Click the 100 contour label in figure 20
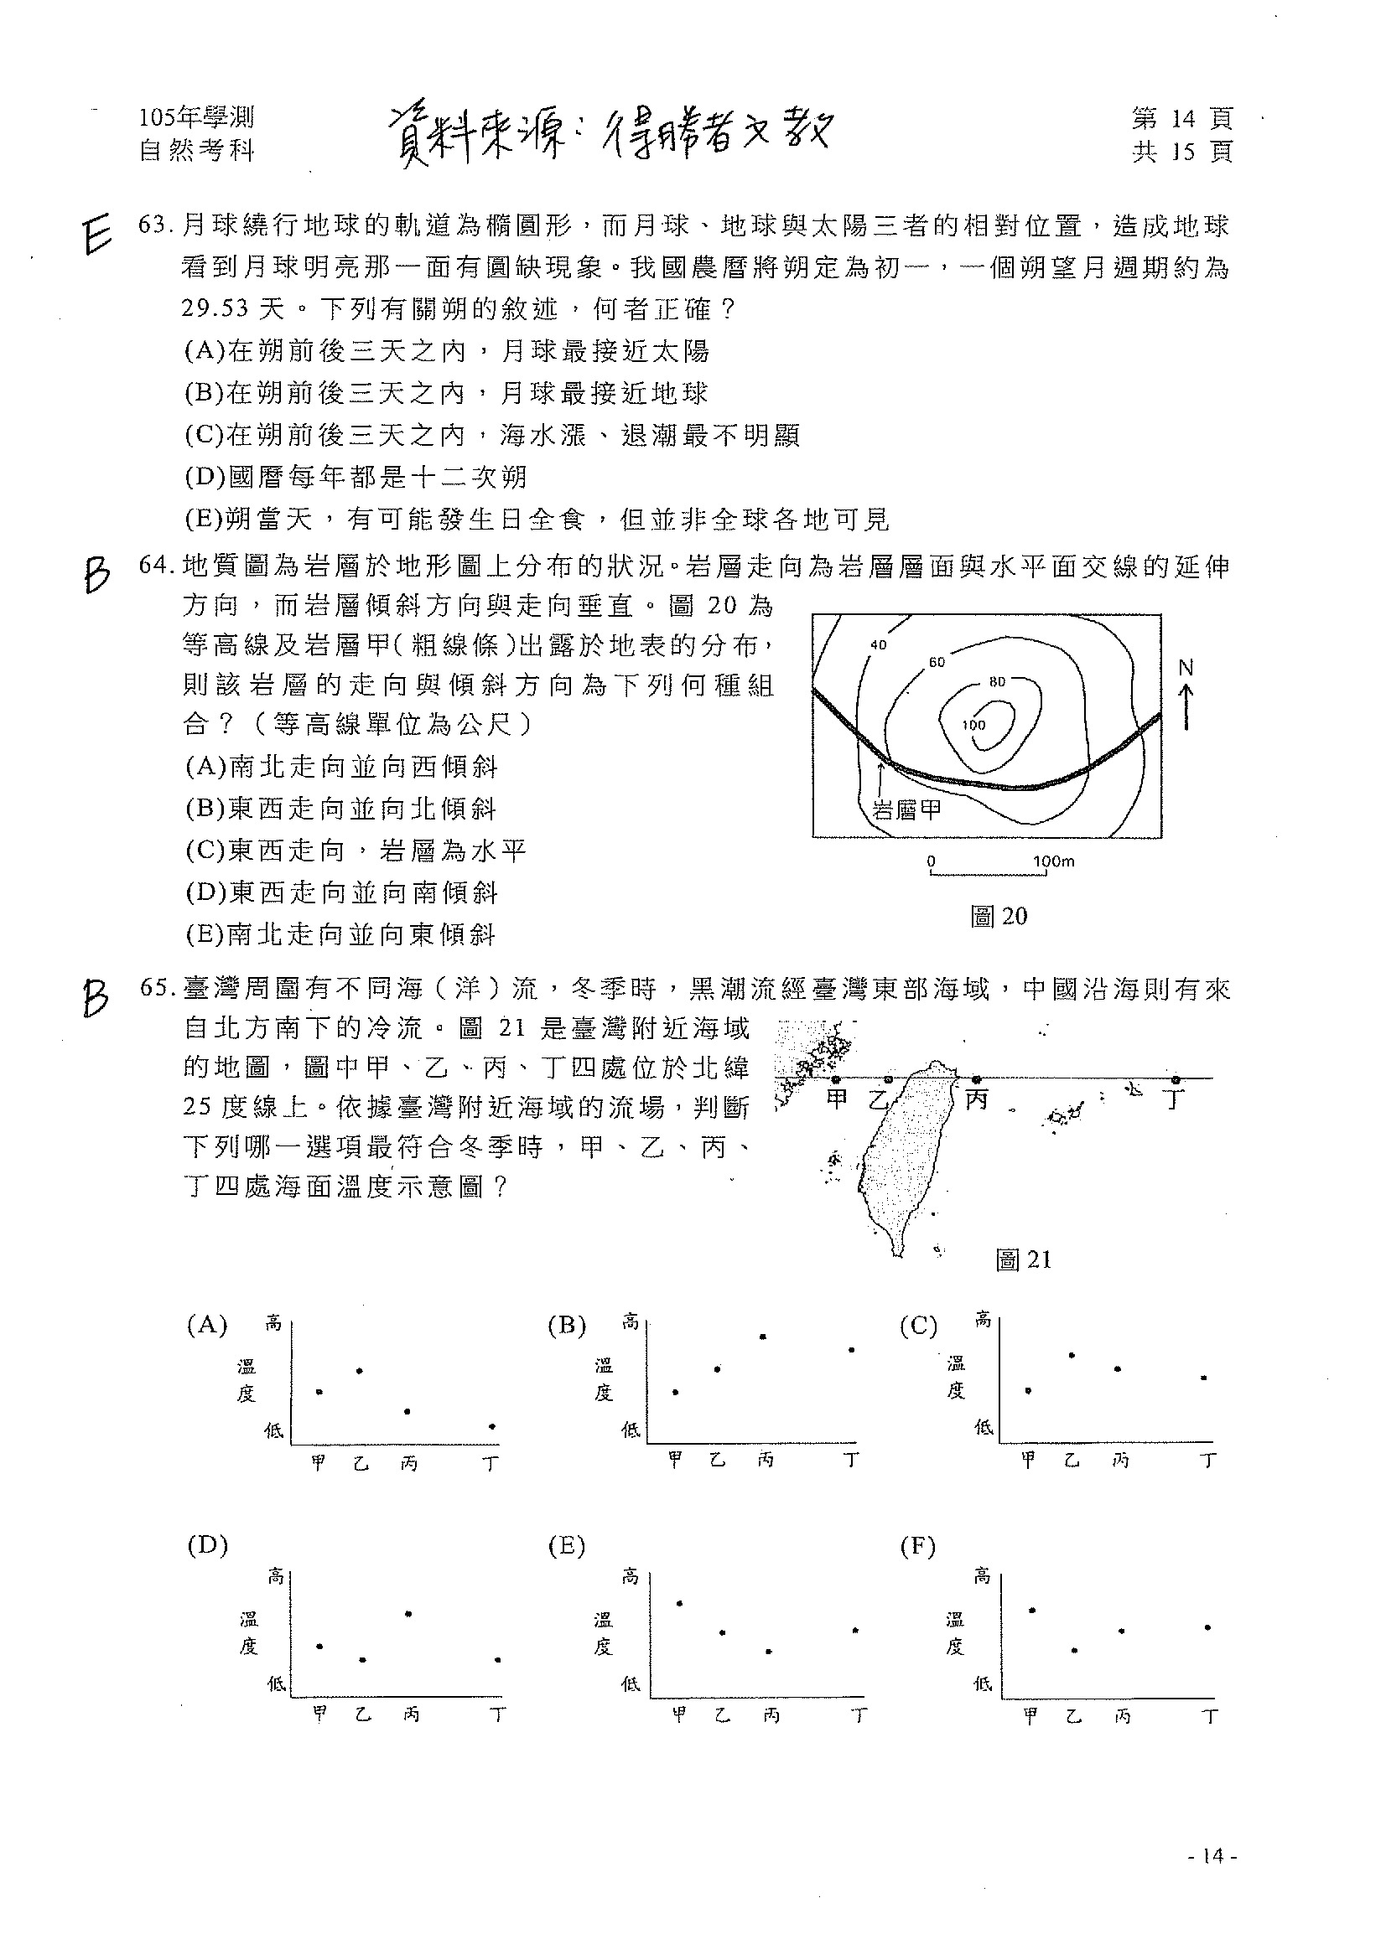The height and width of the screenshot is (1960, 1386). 973,725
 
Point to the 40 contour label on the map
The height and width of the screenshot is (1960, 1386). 878,645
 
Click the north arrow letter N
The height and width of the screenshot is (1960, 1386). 1186,669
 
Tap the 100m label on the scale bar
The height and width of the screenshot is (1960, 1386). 1054,861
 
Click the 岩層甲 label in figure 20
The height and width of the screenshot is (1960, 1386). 908,809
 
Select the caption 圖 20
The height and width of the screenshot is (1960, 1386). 999,916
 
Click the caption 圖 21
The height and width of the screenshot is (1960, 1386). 1023,1259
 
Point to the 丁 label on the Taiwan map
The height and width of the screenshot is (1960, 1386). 1175,1099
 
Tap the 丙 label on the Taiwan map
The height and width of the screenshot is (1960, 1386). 975,1099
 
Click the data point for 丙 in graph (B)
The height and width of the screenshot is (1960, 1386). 763,1337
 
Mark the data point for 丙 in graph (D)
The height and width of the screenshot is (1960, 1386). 409,1613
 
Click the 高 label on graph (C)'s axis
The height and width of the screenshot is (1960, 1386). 983,1320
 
